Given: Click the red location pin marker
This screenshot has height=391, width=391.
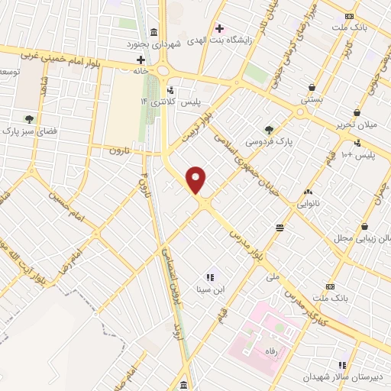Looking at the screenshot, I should click(x=196, y=180).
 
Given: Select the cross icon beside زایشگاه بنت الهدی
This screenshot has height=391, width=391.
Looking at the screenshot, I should click(x=219, y=28).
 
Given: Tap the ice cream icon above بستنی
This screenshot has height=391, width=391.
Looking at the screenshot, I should click(x=312, y=87).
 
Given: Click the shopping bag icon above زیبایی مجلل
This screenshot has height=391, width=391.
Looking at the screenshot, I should click(x=366, y=227).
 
